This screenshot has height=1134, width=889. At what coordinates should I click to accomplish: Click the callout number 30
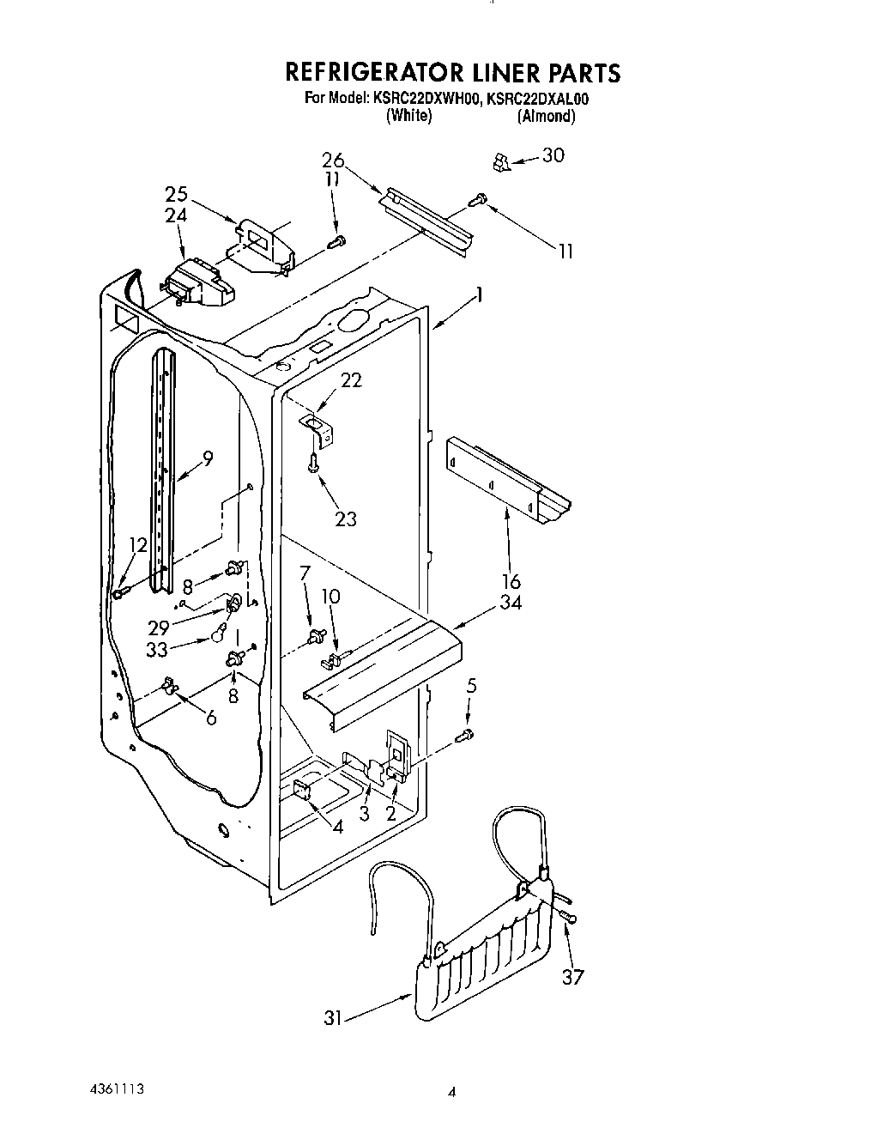554,155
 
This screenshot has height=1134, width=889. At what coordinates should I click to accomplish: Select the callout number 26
333,161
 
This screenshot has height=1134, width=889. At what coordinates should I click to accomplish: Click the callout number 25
176,195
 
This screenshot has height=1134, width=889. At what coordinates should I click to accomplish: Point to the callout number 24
175,215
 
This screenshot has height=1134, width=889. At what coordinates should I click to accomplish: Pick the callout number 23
345,519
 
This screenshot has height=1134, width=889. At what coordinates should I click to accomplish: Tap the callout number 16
511,583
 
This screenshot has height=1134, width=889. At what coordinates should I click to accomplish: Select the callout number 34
511,602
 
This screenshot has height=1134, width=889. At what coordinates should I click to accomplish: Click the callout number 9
207,458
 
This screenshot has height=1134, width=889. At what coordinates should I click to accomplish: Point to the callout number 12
138,545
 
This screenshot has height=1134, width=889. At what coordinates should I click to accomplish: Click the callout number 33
158,651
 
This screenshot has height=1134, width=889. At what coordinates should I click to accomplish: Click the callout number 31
333,1018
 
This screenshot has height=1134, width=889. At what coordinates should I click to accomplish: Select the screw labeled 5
466,734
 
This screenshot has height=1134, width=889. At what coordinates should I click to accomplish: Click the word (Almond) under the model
546,116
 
